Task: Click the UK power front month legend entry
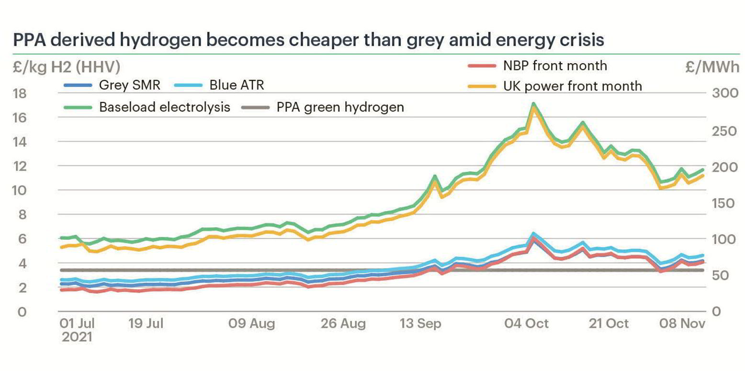tap(572, 86)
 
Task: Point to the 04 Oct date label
tap(526, 324)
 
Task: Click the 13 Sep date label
tap(420, 324)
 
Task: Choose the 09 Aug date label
tap(252, 324)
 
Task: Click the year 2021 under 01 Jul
tap(77, 337)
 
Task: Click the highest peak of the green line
tap(533, 103)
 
